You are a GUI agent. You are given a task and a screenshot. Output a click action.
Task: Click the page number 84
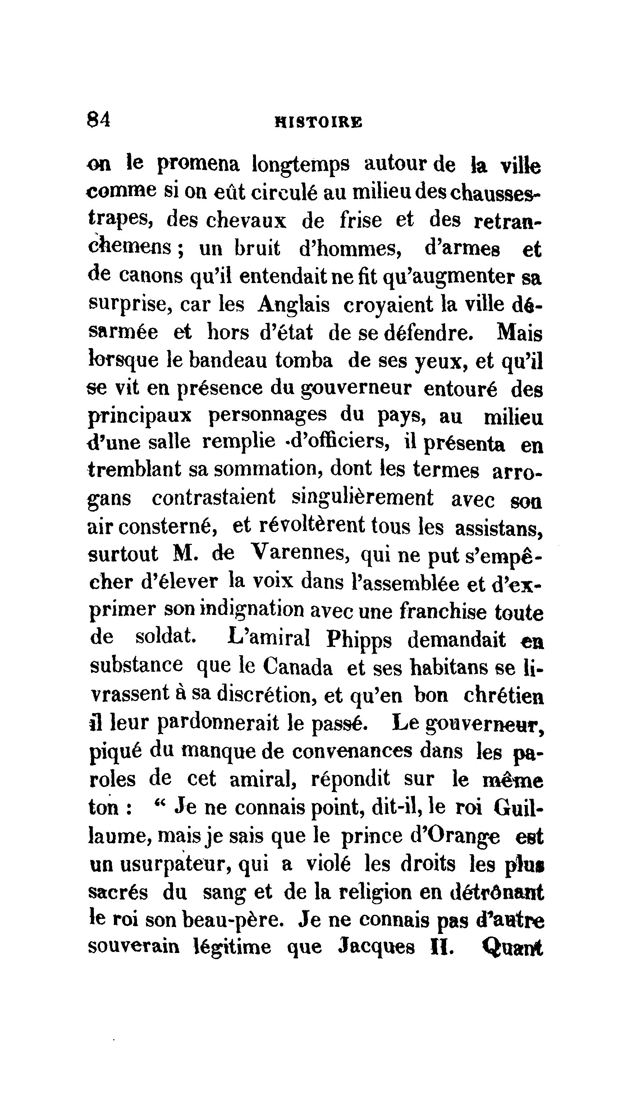tap(99, 119)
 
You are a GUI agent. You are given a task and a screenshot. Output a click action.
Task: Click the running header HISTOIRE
tap(319, 122)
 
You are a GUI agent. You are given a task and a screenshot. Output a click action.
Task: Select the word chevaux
tap(246, 221)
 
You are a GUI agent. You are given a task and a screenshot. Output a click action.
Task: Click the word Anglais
tap(294, 305)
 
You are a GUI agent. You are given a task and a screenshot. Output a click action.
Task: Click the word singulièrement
tap(363, 498)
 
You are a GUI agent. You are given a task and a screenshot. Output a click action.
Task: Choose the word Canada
tap(298, 668)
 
